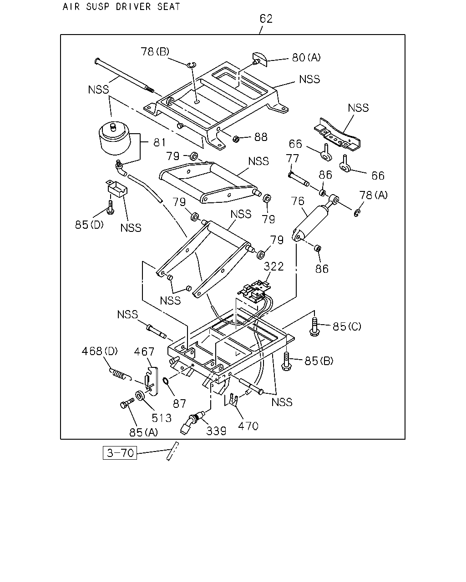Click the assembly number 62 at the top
point(266,18)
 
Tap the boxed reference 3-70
point(120,453)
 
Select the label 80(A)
point(306,57)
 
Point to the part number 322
point(274,266)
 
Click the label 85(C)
point(347,327)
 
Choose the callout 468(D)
point(100,351)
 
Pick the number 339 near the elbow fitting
point(216,431)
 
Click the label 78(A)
point(374,195)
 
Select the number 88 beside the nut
point(261,137)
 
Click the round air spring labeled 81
point(114,138)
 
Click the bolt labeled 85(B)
point(287,361)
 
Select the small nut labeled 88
point(236,139)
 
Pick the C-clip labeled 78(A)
point(357,213)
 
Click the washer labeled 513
point(140,396)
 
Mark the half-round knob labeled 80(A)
point(260,59)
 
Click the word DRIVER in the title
point(133,6)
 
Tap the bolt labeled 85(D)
point(111,207)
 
